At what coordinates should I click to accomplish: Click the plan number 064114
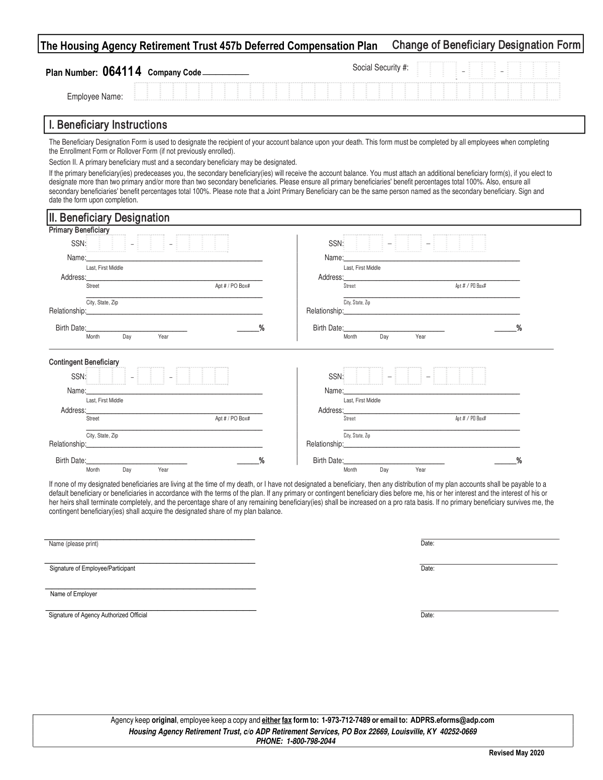pos(122,72)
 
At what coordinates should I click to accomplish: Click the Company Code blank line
pos(226,74)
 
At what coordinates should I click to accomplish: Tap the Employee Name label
pos(95,97)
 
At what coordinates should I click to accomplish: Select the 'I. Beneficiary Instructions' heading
pos(107,125)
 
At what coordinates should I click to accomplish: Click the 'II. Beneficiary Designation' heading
pos(109,217)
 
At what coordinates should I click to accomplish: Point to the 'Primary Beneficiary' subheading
pos(79,230)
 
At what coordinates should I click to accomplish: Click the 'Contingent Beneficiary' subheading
pos(84,362)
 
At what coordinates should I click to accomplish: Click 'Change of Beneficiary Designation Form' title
pos(486,45)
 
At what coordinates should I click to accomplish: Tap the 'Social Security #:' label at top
pos(380,67)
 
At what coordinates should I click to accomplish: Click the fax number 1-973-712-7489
pos(346,720)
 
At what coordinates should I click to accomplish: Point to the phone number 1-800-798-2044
pos(311,741)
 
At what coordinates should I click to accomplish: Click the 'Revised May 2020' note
pos(517,752)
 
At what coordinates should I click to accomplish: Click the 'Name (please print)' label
pos(74,544)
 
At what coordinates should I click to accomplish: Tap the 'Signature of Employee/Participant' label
pos(92,569)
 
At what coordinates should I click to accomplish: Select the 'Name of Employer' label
pos(74,594)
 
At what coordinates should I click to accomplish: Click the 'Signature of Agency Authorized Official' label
pos(98,615)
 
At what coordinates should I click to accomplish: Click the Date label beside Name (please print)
pos(428,543)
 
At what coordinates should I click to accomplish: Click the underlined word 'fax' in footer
pos(287,720)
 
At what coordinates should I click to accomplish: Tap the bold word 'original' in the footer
pos(164,720)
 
